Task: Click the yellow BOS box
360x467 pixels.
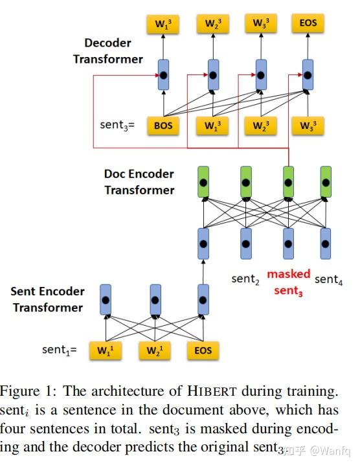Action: coord(163,125)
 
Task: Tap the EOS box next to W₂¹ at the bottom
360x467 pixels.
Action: coord(203,350)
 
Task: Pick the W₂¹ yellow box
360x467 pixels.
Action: coord(155,350)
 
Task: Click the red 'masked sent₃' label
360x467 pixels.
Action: coord(288,282)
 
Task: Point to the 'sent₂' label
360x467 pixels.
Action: coord(245,279)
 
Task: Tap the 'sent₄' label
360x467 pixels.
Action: coord(328,279)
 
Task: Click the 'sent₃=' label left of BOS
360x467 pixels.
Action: coord(117,125)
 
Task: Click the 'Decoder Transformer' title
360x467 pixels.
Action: coord(107,51)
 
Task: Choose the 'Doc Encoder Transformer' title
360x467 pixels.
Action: coord(139,182)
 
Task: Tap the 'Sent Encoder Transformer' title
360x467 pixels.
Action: coord(47,299)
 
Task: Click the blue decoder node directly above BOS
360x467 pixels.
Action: coord(164,75)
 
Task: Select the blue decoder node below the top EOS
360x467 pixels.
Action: coord(308,75)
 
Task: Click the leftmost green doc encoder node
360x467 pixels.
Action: coord(203,182)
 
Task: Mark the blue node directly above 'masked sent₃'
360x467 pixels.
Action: coord(288,244)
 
